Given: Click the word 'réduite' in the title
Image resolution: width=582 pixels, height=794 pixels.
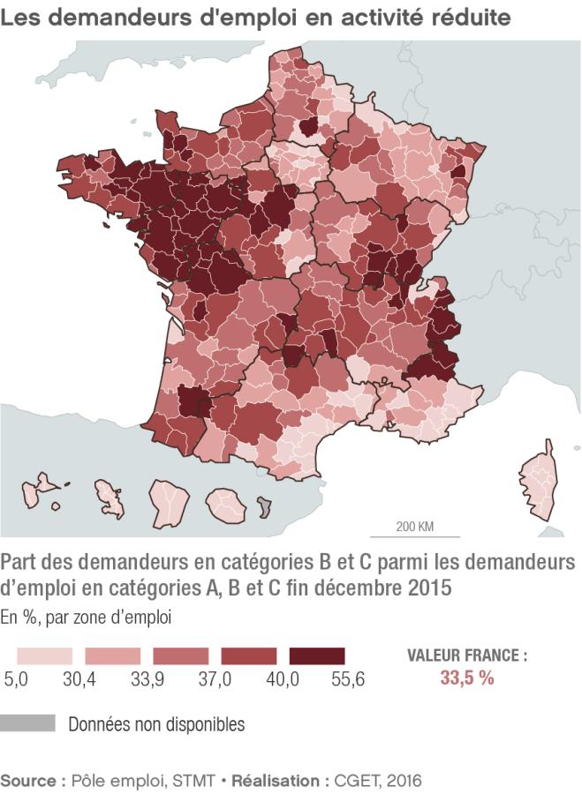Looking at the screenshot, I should pyautogui.click(x=469, y=18).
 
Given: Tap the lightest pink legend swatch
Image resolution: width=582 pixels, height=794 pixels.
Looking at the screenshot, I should pyautogui.click(x=43, y=656).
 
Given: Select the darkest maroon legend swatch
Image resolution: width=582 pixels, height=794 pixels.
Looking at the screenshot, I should pyautogui.click(x=315, y=656).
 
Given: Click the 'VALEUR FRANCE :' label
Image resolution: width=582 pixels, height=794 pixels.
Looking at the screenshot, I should pyautogui.click(x=466, y=656).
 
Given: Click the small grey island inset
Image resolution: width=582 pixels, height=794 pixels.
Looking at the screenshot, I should pyautogui.click(x=264, y=506).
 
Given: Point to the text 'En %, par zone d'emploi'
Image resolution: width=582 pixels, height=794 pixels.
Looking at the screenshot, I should pyautogui.click(x=86, y=618).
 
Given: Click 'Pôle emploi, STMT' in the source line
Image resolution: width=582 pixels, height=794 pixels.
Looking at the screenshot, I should pyautogui.click(x=137, y=781).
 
